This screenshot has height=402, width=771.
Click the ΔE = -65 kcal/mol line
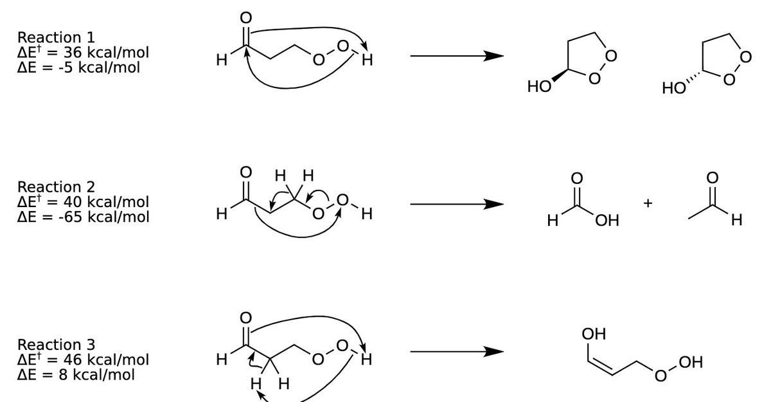click(x=83, y=216)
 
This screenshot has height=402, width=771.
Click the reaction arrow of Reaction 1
click(x=456, y=57)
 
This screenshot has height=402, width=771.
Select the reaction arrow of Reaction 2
click(x=456, y=205)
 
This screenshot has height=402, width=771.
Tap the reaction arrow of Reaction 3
click(x=456, y=352)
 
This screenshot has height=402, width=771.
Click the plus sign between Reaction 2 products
click(x=648, y=204)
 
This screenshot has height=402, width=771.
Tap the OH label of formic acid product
click(x=607, y=221)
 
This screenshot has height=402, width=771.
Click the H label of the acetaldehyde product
click(x=736, y=221)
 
